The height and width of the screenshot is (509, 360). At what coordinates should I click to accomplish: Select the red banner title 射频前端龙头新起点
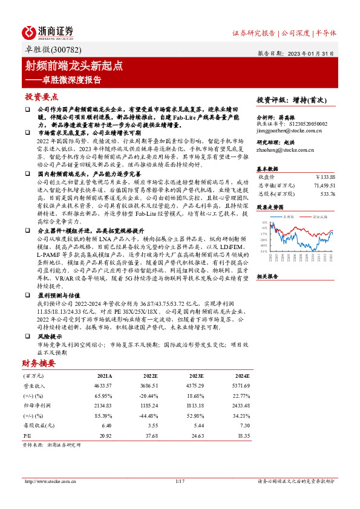tap(74, 66)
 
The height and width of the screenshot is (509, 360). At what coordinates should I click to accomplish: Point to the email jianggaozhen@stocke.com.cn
tap(284, 129)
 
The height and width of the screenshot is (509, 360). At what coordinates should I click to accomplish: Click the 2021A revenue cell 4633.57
tap(103, 384)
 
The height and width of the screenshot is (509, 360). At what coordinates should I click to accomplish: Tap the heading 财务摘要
tap(39, 363)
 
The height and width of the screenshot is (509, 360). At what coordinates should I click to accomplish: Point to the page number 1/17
tap(179, 481)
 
